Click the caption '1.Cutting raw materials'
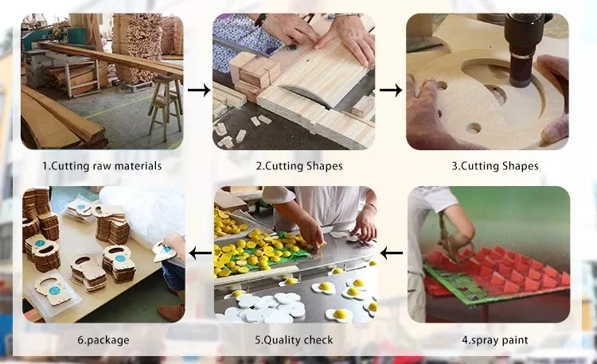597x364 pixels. pyautogui.click(x=102, y=166)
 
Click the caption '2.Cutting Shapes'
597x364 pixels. pyautogui.click(x=299, y=166)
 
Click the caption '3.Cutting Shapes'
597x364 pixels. pyautogui.click(x=495, y=166)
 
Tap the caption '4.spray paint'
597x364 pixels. pyautogui.click(x=495, y=340)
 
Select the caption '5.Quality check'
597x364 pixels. pyautogui.click(x=294, y=340)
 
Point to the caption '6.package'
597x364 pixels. pyautogui.click(x=103, y=340)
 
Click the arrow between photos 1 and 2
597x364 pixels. pyautogui.click(x=199, y=90)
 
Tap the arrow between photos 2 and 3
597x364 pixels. pyautogui.click(x=391, y=90)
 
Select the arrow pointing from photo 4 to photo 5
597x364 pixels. pyautogui.click(x=391, y=253)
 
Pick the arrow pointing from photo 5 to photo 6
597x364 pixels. pyautogui.click(x=201, y=253)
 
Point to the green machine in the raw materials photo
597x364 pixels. pyautogui.click(x=45, y=35)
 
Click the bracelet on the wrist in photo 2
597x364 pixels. pyautogui.click(x=261, y=20)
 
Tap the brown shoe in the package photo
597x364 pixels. pyautogui.click(x=171, y=312)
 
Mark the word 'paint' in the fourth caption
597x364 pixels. pyautogui.click(x=514, y=341)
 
